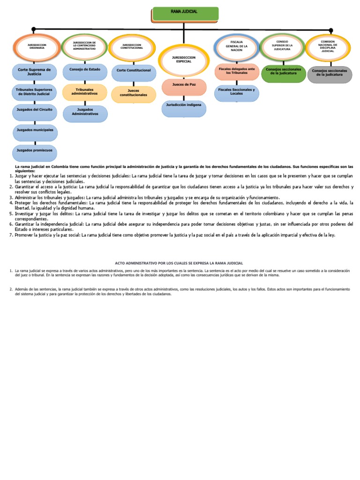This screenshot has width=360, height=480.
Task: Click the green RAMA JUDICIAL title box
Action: (185, 14)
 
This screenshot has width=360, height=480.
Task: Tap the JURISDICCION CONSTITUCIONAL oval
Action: (131, 47)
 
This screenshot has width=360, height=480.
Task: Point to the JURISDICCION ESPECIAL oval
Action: (183, 60)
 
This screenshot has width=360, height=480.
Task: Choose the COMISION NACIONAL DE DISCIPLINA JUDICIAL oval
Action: (328, 47)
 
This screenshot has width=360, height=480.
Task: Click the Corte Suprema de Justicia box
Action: (34, 71)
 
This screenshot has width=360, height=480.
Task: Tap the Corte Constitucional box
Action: (134, 71)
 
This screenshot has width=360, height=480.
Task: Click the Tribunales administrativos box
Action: (84, 91)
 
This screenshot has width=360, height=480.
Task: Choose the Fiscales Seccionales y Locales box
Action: (237, 92)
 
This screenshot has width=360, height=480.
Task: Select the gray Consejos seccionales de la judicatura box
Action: (330, 74)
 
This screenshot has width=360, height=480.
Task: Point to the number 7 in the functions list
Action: (11, 235)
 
